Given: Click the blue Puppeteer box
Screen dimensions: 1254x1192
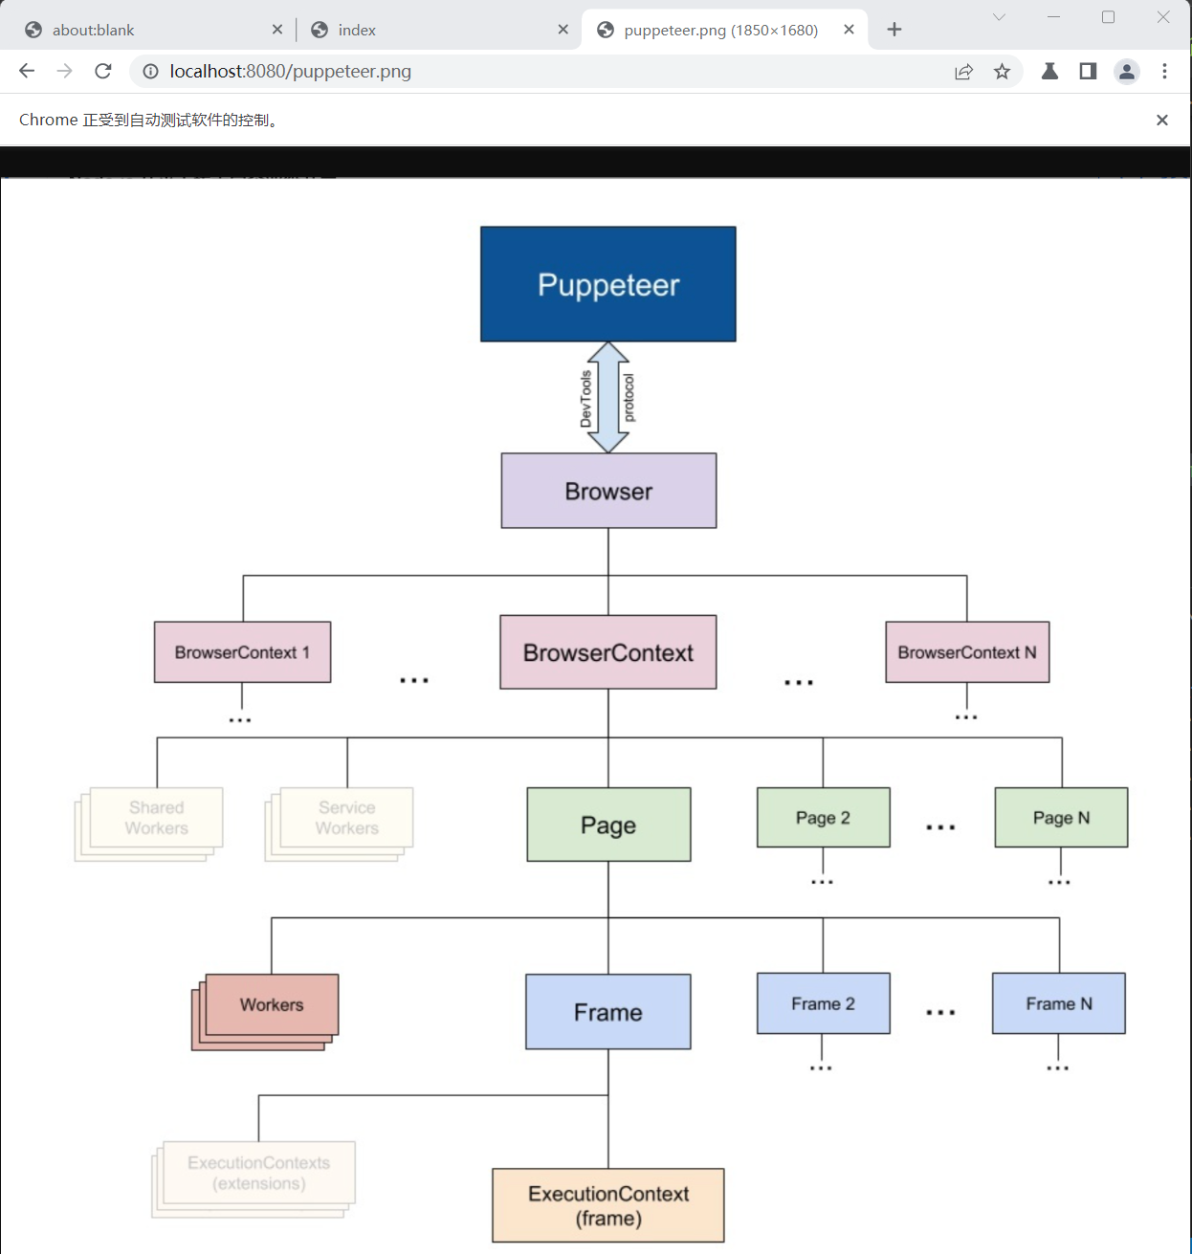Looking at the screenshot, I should (x=608, y=284).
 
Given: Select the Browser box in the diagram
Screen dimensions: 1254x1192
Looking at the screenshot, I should (x=608, y=491).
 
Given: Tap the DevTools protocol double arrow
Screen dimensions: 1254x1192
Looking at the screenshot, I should (x=608, y=397).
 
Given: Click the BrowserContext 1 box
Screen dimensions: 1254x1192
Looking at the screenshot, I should (x=242, y=652).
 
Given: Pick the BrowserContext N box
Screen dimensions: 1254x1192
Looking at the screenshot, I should (x=967, y=652).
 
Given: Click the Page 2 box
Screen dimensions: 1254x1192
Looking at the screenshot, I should (x=823, y=818).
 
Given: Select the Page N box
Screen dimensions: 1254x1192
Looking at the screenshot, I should (x=1061, y=818).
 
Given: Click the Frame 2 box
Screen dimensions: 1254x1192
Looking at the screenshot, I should (x=823, y=1003).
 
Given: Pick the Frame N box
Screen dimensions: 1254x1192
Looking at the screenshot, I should (x=1059, y=1003).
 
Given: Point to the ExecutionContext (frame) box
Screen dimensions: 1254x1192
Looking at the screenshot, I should (x=608, y=1205).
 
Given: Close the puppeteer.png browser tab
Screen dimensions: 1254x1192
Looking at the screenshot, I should (x=849, y=30).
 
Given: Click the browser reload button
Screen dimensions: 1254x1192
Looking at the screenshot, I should (x=103, y=71).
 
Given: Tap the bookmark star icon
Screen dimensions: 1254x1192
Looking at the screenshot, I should (x=1002, y=71).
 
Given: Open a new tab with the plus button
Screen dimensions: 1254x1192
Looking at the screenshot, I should (x=894, y=30).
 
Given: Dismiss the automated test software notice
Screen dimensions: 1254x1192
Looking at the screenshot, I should (x=1162, y=120).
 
